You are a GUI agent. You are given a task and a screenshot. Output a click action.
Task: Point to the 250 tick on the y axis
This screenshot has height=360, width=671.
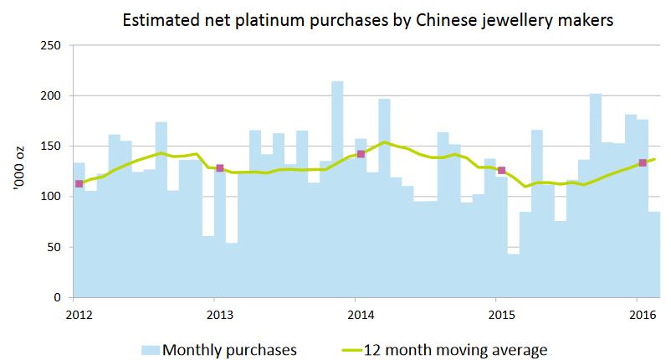(x=52, y=45)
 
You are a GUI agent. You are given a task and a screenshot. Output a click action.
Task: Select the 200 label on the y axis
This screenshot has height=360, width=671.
(x=52, y=95)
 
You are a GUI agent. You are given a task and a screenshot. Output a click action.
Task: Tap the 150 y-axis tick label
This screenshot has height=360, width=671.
(x=52, y=147)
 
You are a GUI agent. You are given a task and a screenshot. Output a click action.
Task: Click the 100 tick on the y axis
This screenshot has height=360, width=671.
(x=52, y=197)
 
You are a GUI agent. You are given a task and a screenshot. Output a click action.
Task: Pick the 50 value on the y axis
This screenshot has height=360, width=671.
(x=55, y=247)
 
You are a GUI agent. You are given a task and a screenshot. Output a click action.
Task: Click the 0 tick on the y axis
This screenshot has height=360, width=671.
(x=59, y=297)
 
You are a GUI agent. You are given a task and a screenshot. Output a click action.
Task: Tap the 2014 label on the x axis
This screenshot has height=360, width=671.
(x=360, y=315)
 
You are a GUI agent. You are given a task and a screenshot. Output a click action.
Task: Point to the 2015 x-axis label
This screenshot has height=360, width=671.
(x=500, y=315)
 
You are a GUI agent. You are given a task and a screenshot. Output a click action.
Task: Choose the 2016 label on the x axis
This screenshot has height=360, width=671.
(x=641, y=315)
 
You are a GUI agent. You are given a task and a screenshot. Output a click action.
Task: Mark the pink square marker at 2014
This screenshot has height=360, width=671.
(x=361, y=154)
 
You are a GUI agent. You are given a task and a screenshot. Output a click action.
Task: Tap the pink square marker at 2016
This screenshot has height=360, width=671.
(x=642, y=162)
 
